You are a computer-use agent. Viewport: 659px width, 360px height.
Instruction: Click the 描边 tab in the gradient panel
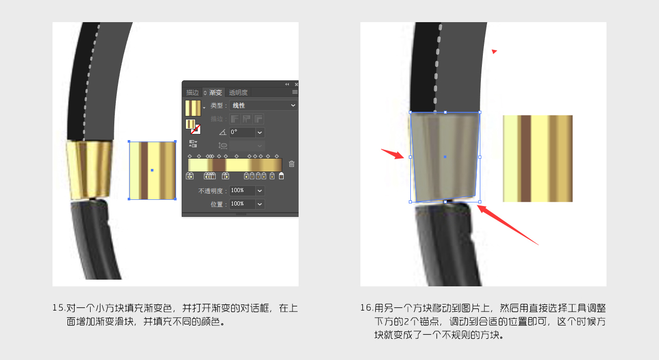(x=193, y=92)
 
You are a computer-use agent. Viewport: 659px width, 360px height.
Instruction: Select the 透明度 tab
(x=238, y=92)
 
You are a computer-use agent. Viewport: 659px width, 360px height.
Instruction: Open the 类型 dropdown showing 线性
(x=263, y=106)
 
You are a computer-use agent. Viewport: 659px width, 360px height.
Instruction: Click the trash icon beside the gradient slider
(x=291, y=164)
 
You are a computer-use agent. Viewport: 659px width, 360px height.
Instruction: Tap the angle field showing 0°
(x=242, y=132)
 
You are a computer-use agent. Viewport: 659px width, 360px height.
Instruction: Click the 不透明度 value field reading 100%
(x=242, y=191)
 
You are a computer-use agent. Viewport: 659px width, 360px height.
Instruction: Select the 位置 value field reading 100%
(x=242, y=204)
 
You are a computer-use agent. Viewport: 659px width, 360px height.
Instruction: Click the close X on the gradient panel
(x=296, y=84)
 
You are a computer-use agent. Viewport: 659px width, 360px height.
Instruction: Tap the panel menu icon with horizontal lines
(x=295, y=92)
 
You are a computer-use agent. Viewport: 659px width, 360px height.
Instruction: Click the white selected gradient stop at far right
(x=281, y=176)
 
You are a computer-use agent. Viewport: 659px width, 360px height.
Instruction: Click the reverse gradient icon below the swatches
(x=193, y=144)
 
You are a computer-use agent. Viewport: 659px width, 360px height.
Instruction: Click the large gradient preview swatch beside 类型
(x=193, y=108)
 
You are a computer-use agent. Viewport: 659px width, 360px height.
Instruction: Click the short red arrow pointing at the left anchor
(x=393, y=153)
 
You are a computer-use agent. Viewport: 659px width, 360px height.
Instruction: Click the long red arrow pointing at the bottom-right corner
(x=508, y=225)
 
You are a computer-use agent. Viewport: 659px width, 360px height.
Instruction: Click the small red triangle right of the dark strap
(x=494, y=52)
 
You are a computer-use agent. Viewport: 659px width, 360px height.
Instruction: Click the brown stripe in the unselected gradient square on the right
(x=526, y=158)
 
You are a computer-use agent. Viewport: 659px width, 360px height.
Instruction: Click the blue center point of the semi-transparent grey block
(x=445, y=157)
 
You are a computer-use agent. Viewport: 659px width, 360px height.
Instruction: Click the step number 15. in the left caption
(x=59, y=308)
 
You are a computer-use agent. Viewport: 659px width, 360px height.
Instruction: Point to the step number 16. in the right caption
(x=367, y=308)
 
